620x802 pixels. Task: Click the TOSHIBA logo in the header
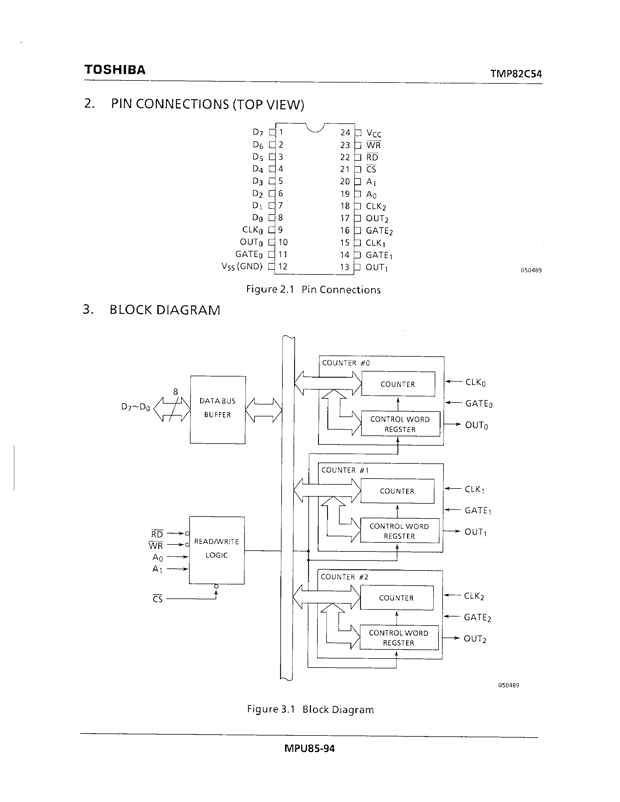tap(115, 70)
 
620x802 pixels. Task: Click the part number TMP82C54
tap(516, 74)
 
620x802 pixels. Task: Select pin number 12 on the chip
tap(282, 267)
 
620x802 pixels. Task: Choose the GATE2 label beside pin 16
tap(379, 231)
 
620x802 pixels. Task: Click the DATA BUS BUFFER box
tap(217, 409)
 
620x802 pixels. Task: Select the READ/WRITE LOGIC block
tap(217, 550)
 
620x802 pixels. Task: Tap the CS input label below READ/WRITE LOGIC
tap(158, 599)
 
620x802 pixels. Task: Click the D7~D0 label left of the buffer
tap(136, 407)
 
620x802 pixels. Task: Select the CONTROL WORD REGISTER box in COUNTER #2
tap(399, 638)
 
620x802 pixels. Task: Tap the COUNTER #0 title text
tap(346, 363)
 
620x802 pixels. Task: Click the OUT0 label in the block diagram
tap(476, 425)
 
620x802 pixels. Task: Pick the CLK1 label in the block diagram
tap(474, 489)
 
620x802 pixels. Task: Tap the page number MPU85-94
tap(309, 748)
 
